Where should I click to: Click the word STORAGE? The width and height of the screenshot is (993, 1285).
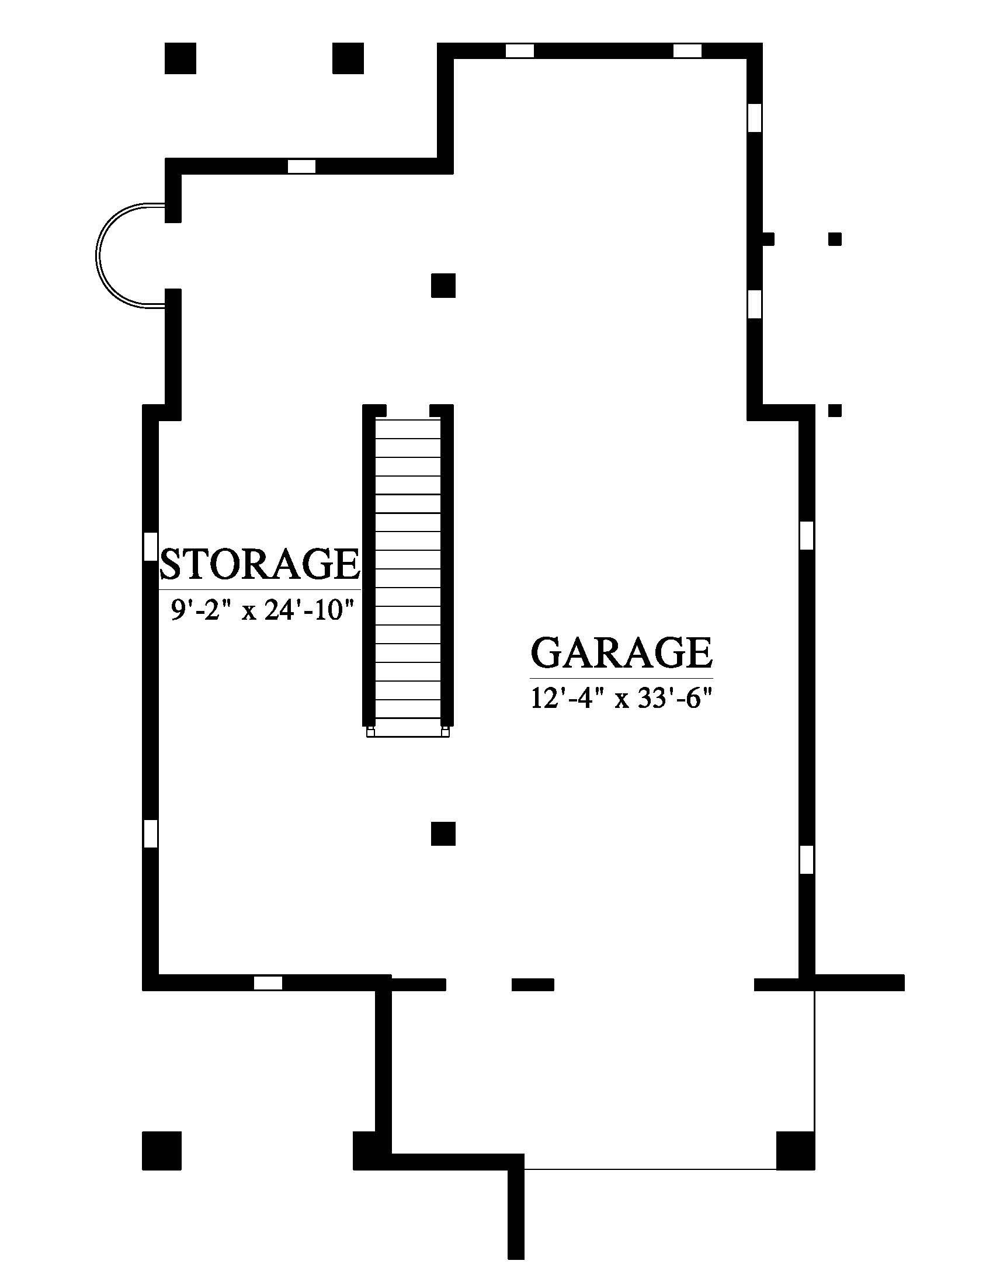260,564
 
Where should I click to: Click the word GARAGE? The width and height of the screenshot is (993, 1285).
622,652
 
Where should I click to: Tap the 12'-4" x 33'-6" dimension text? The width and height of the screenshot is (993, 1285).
622,699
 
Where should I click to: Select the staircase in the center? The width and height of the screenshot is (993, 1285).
408,571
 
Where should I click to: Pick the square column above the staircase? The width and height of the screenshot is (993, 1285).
443,286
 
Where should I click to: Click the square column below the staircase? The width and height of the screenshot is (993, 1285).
443,833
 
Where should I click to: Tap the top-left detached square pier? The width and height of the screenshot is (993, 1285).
180,58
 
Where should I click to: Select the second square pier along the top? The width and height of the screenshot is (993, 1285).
348,58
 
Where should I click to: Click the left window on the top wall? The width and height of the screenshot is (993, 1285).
519,51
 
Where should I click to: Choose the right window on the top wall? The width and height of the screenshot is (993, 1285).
687,51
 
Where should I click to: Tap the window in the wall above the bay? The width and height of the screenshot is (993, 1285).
301,166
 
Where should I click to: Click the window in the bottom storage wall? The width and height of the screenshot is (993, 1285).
268,982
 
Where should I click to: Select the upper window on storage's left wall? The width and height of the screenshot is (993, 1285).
151,546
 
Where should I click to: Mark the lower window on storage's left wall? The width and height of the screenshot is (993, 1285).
151,833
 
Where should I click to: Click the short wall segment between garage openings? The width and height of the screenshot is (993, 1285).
532,984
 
